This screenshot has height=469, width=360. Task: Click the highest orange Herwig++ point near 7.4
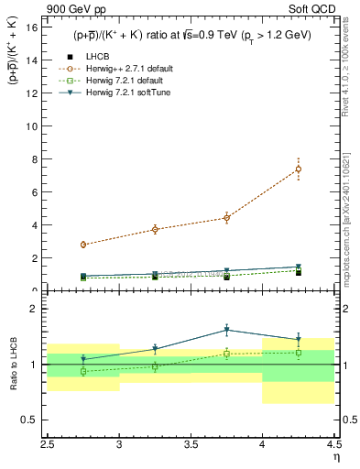coord(299,169)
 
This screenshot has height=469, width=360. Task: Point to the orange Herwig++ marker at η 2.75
coord(83,245)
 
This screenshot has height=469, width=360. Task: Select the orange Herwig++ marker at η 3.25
coord(155,229)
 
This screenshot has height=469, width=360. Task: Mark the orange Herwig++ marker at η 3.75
coord(226,218)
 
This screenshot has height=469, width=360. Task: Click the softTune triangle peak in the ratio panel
coord(226,330)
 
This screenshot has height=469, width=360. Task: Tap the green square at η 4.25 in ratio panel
coord(299,353)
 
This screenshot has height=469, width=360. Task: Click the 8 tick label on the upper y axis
coord(33,159)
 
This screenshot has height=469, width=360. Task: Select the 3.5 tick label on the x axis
coord(191,442)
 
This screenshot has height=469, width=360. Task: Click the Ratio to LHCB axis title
coord(14,365)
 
